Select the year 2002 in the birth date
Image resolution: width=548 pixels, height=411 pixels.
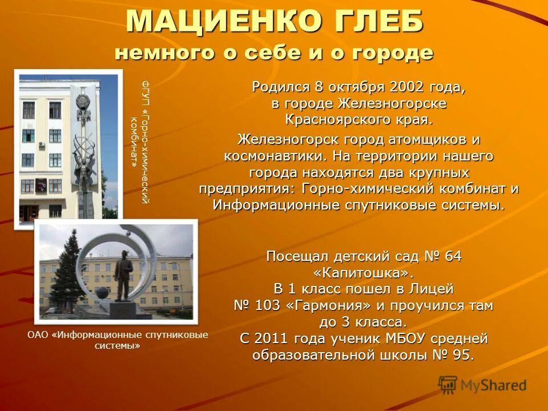coord(406,87)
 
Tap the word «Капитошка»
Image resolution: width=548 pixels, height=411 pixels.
coord(364,273)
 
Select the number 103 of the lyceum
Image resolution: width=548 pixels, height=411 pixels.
coord(268,305)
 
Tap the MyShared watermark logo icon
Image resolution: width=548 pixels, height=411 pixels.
coord(448,385)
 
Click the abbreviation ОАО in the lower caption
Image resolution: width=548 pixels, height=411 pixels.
coord(38,335)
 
